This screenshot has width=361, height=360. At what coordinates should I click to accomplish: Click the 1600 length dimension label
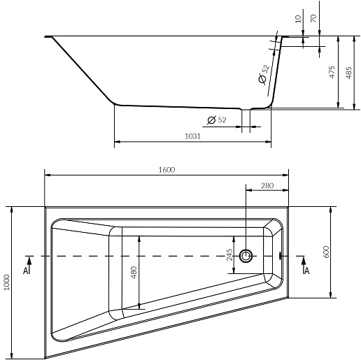tap(167, 170)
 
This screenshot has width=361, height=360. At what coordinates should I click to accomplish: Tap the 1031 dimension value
tap(192, 136)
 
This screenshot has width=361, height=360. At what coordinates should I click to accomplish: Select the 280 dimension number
tap(267, 185)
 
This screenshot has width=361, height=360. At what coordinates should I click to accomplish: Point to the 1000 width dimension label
tap(6, 282)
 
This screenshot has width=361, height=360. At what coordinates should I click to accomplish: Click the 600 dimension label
tap(326, 252)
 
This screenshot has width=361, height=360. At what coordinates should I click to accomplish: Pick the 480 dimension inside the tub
tap(134, 273)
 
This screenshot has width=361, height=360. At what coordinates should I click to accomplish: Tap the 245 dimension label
tap(229, 254)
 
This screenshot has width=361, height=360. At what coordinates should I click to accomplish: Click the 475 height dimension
tap(332, 72)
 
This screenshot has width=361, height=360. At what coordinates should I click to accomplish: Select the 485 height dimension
tap(348, 73)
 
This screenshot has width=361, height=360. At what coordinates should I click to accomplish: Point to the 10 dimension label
tap(298, 19)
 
